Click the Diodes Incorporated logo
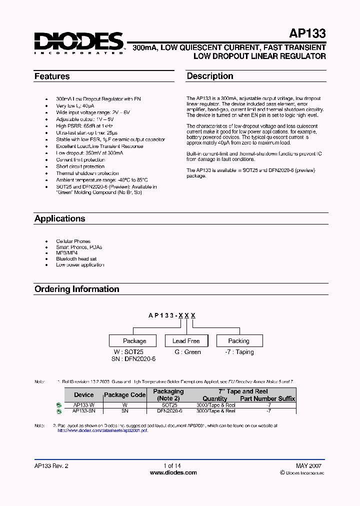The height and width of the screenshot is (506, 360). click(x=78, y=42)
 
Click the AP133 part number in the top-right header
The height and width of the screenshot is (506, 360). click(x=307, y=34)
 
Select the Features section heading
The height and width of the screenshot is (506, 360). click(x=52, y=76)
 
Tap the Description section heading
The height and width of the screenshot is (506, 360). click(x=210, y=76)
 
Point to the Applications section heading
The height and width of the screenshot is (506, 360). click(x=59, y=218)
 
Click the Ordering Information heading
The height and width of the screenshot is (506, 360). click(x=76, y=289)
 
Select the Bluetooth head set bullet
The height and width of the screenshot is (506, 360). click(x=76, y=259)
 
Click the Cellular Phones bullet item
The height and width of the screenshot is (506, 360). click(x=73, y=241)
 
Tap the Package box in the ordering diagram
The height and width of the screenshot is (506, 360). click(x=134, y=341)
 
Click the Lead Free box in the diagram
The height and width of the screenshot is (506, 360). click(x=186, y=341)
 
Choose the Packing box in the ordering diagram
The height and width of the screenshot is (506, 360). click(x=238, y=341)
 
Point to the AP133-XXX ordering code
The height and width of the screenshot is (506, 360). click(x=172, y=315)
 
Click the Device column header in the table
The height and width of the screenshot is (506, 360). click(x=83, y=395)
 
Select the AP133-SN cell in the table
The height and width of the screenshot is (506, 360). click(x=83, y=410)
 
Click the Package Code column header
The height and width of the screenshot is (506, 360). click(x=125, y=395)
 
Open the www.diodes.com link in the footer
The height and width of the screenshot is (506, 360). click(x=173, y=472)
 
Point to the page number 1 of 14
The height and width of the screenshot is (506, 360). click(x=172, y=465)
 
